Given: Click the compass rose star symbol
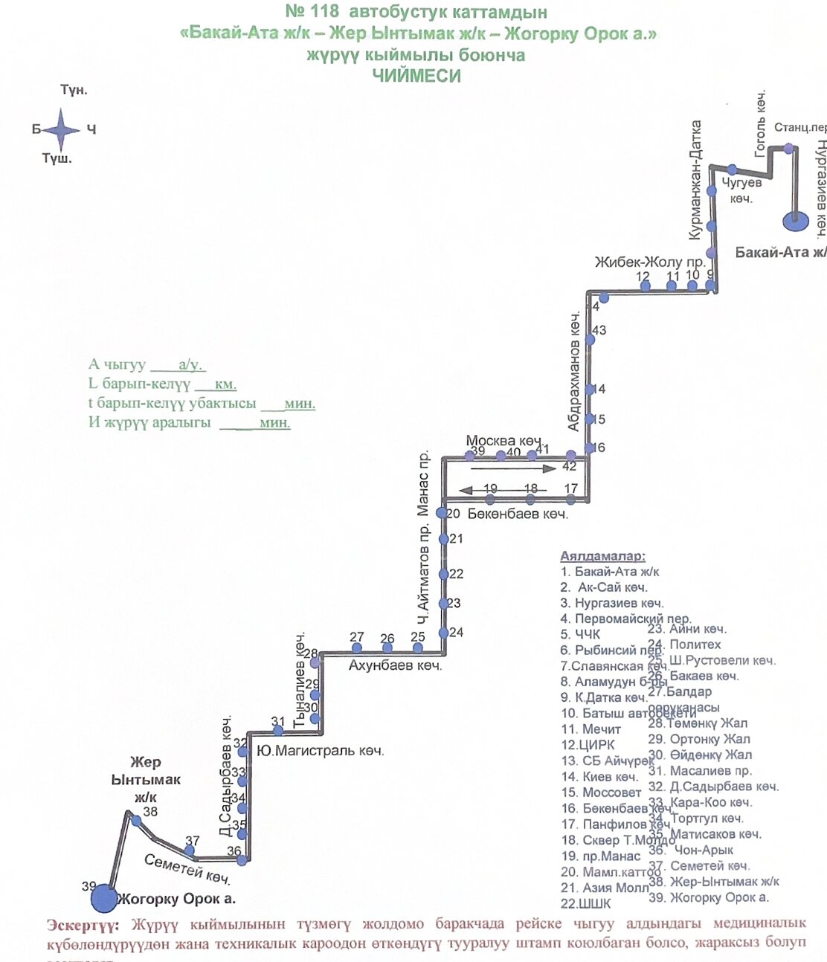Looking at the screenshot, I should tap(62, 129).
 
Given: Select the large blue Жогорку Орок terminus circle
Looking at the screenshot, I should tap(104, 898).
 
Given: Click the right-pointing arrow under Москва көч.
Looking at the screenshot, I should tap(513, 469).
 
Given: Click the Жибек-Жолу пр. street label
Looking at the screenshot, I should tap(649, 262).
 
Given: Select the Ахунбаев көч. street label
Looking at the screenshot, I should tap(395, 665).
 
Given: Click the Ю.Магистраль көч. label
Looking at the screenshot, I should tap(320, 751).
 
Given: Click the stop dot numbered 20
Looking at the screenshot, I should tap(442, 513).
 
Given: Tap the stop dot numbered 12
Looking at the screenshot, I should tap(645, 286).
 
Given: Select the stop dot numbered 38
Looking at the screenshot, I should tap(136, 821).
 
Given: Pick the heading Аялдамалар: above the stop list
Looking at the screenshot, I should tap(602, 556).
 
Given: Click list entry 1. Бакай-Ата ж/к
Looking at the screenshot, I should tap(610, 572).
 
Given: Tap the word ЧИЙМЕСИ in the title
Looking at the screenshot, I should tap(416, 76).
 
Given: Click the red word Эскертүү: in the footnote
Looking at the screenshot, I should tap(82, 925).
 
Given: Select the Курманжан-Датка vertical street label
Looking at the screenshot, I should tap(696, 180).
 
